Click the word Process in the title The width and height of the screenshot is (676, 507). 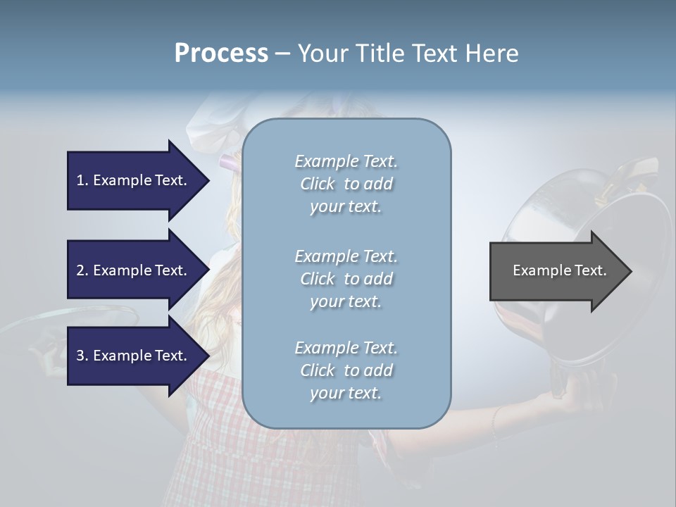pyautogui.click(x=221, y=54)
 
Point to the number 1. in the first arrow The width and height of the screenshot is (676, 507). pyautogui.click(x=82, y=180)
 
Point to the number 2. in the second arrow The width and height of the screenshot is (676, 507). pyautogui.click(x=82, y=270)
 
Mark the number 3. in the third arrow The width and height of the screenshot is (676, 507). pyautogui.click(x=82, y=356)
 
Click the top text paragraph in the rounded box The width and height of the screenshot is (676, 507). pyautogui.click(x=346, y=184)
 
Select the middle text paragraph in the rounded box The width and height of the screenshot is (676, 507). pyautogui.click(x=346, y=279)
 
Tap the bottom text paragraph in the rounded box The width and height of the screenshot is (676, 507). pyautogui.click(x=346, y=370)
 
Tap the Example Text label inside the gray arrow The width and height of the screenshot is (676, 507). pyautogui.click(x=559, y=270)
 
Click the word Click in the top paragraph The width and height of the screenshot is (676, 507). pyautogui.click(x=318, y=184)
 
